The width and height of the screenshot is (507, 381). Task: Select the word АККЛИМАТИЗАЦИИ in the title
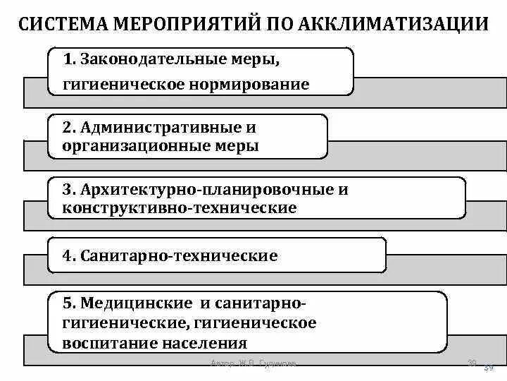coord(394,25)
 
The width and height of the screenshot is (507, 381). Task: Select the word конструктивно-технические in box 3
coord(180,208)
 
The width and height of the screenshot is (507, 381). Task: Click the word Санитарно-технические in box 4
coord(180,255)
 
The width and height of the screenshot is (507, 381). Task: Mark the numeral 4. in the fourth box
coord(69,255)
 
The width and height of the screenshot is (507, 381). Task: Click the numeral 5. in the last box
coord(69,303)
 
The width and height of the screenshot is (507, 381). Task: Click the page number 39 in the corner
coord(489,367)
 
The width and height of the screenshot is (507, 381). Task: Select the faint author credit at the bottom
coord(254,364)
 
